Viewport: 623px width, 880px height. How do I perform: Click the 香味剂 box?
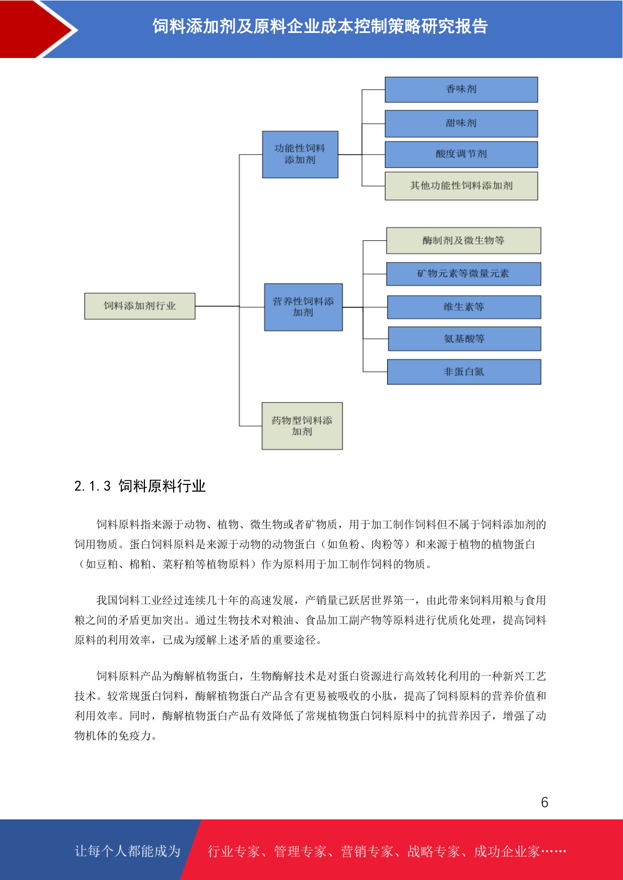[x=461, y=89]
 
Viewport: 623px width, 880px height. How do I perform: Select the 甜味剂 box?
[x=461, y=124]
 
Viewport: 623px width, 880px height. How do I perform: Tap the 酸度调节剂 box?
[x=461, y=154]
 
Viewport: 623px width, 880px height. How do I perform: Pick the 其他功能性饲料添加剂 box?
[x=461, y=186]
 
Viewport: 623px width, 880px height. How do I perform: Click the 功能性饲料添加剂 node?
[x=300, y=154]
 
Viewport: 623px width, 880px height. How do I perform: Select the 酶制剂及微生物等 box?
[x=463, y=240]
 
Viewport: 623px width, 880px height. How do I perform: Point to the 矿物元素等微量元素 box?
[x=463, y=274]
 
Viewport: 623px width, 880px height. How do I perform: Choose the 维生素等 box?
[x=463, y=307]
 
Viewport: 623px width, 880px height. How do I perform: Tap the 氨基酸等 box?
[x=464, y=339]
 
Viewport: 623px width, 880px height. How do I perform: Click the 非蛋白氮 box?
[x=463, y=372]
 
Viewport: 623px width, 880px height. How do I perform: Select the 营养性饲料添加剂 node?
[x=303, y=307]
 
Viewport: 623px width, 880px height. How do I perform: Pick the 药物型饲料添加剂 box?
[x=302, y=426]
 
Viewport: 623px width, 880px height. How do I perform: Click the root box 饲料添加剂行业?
[x=140, y=306]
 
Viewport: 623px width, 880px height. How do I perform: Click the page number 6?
[x=545, y=802]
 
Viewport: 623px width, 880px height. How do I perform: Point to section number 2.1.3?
[x=93, y=487]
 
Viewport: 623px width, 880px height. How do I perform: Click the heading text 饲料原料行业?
[x=162, y=487]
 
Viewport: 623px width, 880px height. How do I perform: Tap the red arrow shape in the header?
[x=36, y=29]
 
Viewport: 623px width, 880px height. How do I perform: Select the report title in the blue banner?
[x=320, y=27]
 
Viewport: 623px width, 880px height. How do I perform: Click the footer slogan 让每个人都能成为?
[x=128, y=851]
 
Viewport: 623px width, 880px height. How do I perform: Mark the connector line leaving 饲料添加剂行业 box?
[x=217, y=306]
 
